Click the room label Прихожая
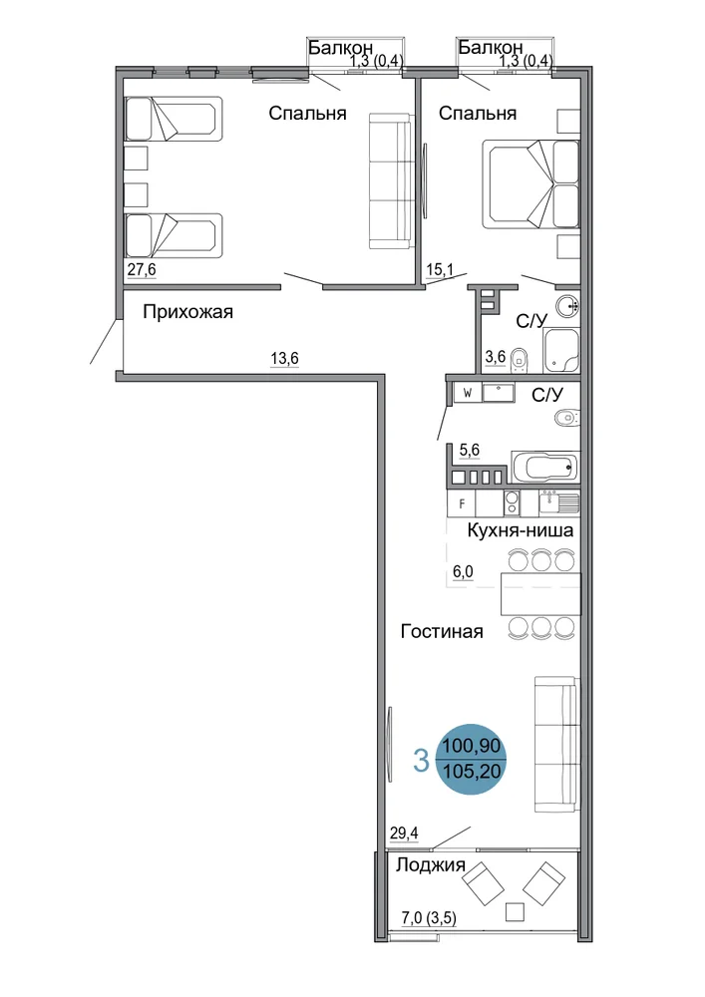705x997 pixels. (x=187, y=312)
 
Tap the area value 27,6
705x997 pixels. (x=142, y=269)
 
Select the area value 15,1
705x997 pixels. (x=440, y=270)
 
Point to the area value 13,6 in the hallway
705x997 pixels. (x=285, y=359)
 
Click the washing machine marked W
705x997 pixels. (x=468, y=393)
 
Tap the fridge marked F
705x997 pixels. (x=462, y=504)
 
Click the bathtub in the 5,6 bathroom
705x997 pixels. (x=544, y=468)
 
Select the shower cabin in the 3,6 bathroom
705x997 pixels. (x=561, y=350)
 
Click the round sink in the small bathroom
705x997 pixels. (x=567, y=306)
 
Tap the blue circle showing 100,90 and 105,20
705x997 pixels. (x=473, y=759)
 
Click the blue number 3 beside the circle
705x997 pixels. (x=421, y=761)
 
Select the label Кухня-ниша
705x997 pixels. (x=520, y=530)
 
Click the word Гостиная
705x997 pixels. (x=442, y=631)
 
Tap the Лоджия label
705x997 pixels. (x=431, y=864)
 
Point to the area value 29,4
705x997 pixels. (x=404, y=832)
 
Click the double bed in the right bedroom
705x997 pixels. (x=530, y=183)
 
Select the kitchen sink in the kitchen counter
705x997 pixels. (x=559, y=502)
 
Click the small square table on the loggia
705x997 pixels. (x=515, y=912)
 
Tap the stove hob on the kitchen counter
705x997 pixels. (x=512, y=503)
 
